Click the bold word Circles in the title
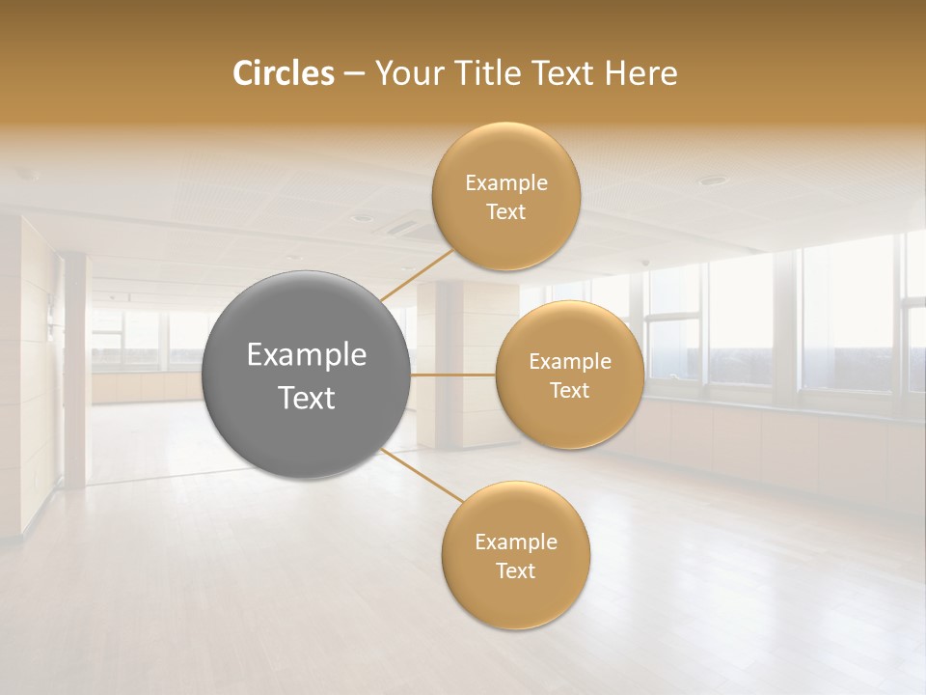(x=283, y=73)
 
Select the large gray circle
(x=307, y=328)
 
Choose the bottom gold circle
(x=515, y=598)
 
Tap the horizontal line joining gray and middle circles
(x=453, y=375)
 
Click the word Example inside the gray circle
(x=307, y=355)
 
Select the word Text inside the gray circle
(x=307, y=398)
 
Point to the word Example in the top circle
(x=506, y=183)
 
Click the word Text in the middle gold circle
(x=569, y=390)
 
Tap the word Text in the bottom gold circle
(x=515, y=570)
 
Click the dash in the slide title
(x=354, y=73)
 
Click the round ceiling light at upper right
(x=712, y=181)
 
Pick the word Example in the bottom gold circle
(x=515, y=542)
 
